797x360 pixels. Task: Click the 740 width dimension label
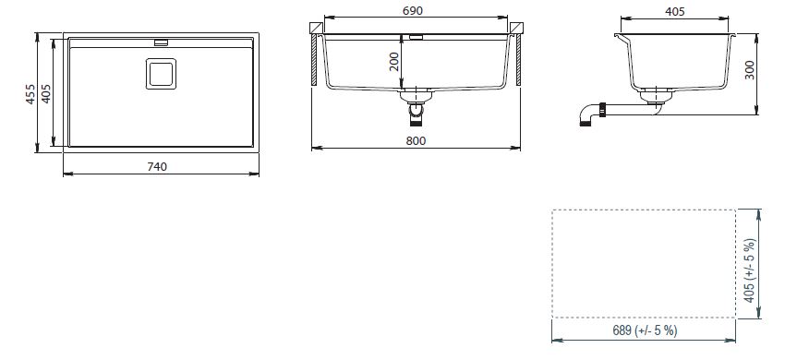(157, 166)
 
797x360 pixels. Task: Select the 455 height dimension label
(30, 94)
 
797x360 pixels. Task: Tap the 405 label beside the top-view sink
(46, 94)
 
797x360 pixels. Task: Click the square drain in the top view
(161, 74)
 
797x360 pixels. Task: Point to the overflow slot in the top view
(161, 42)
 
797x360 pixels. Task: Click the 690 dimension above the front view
(413, 11)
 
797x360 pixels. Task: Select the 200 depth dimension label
(394, 62)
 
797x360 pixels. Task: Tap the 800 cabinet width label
(416, 140)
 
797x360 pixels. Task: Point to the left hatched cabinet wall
(314, 60)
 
